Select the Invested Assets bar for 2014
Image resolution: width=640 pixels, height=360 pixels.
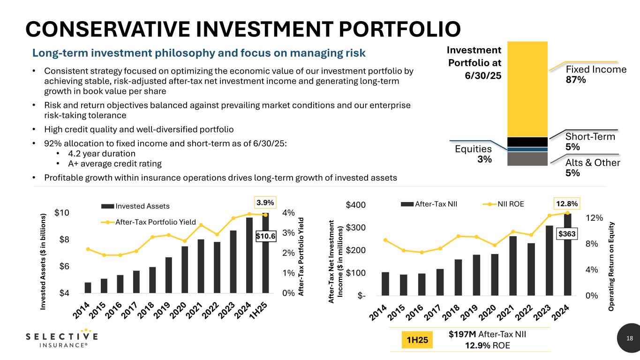88,287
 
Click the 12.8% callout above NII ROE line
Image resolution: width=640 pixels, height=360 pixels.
567,204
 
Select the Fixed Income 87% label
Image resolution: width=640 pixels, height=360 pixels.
596,75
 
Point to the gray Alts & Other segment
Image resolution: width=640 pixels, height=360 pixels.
527,159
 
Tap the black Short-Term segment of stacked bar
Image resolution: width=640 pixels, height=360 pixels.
527,142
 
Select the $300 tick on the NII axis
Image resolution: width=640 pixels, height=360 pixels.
356,228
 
